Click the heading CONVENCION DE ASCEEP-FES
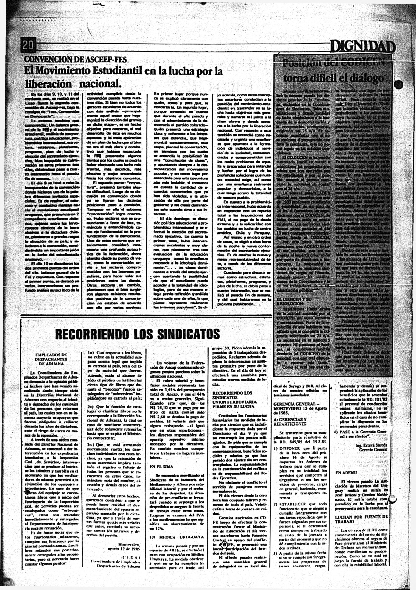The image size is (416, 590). point(75,60)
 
